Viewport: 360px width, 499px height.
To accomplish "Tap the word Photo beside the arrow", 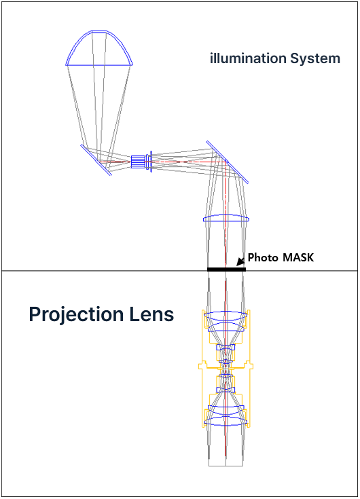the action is coord(259,257).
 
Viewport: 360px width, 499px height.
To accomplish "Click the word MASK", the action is coord(298,257).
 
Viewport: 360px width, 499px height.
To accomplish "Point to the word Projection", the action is coord(76,314).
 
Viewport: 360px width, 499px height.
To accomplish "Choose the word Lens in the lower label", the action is coord(151,314).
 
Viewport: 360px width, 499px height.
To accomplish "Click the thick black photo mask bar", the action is coord(226,270).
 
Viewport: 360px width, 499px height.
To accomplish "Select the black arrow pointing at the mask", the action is coord(240,261).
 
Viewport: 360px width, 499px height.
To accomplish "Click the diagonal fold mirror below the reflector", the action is coord(96,160).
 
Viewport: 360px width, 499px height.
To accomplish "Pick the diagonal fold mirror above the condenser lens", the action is coord(228,162).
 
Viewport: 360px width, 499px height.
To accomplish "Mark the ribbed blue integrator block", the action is coord(138,162).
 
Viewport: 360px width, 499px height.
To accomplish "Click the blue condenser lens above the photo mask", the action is coord(226,219).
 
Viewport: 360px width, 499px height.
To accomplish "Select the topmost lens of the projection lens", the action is coord(226,316).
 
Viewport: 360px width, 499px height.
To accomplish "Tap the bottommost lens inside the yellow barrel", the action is coord(226,421).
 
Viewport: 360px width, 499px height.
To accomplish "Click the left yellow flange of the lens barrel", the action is coord(202,366).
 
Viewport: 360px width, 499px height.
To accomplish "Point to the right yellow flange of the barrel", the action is coord(250,366).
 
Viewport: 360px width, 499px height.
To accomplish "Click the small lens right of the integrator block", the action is coord(149,162).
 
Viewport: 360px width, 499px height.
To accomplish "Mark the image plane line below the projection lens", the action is coord(226,466).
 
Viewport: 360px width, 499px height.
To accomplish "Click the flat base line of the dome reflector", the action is coord(99,65).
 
